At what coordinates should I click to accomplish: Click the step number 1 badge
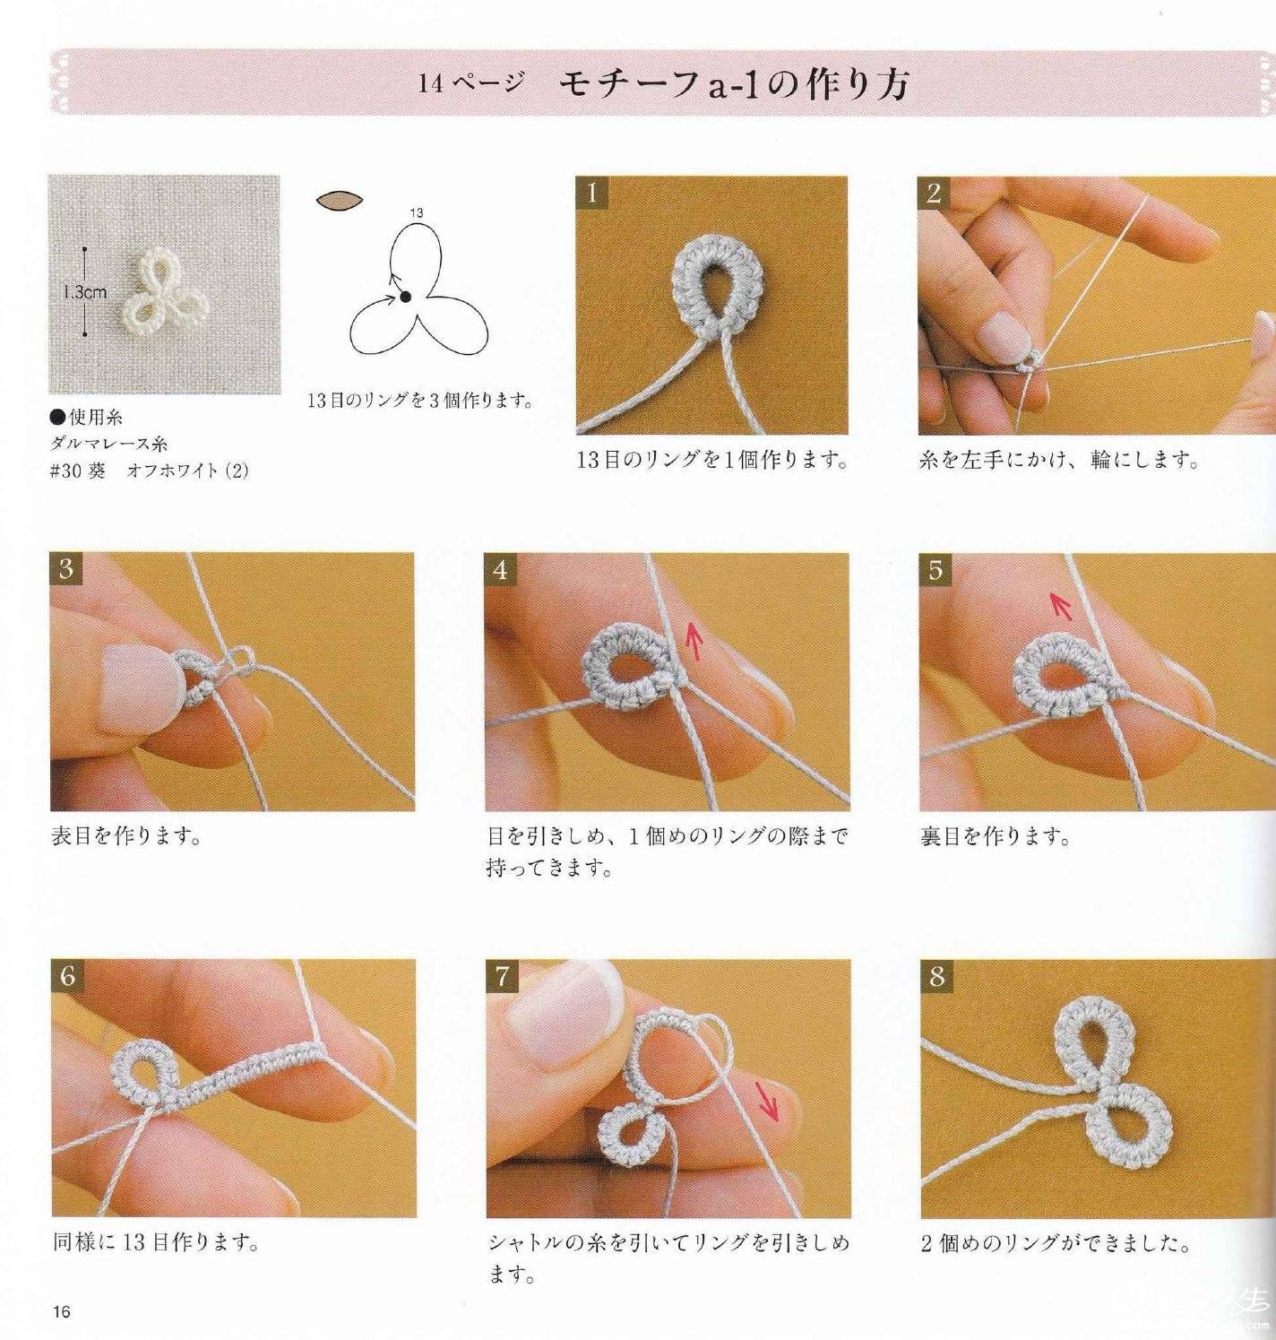[591, 193]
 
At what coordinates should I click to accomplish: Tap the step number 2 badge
[934, 193]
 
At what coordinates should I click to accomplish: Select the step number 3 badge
[66, 569]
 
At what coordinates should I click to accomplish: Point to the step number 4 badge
[501, 569]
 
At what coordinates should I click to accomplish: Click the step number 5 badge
[935, 569]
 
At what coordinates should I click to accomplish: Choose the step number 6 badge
[67, 976]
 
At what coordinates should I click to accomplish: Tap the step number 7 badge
[503, 976]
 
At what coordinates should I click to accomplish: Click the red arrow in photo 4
[694, 641]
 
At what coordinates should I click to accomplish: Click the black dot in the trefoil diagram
[406, 297]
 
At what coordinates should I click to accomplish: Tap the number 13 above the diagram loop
[417, 212]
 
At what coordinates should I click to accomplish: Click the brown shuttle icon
[341, 200]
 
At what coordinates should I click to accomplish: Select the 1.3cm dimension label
[85, 292]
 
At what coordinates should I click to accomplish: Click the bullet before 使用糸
[58, 417]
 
